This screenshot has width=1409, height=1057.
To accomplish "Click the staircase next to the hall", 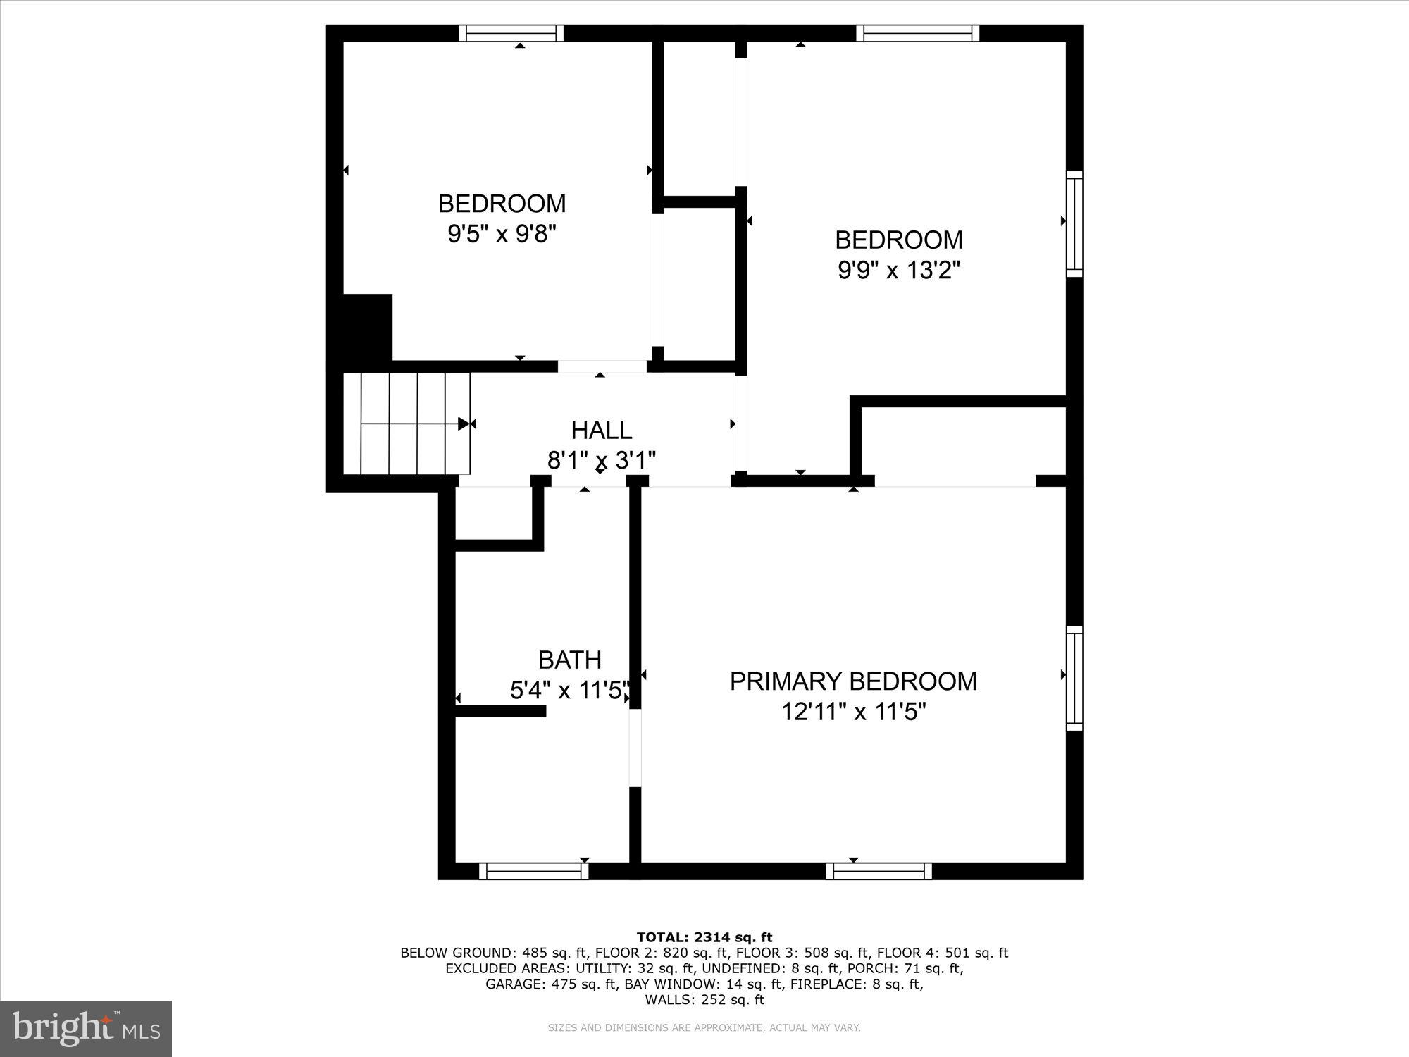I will tap(406, 424).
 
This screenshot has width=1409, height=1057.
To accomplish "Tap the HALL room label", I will tap(601, 430).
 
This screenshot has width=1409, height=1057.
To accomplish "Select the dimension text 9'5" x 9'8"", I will tap(502, 233).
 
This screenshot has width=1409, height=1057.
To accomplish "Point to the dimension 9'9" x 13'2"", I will tap(899, 270).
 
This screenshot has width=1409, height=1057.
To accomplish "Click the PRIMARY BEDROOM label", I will tap(853, 681).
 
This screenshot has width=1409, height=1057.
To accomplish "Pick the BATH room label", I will tap(569, 660).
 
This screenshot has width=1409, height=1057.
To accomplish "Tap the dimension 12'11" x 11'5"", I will tap(853, 712).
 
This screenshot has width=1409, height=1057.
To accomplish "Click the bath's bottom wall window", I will tap(533, 871).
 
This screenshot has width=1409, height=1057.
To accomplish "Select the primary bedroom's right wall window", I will tap(1074, 678).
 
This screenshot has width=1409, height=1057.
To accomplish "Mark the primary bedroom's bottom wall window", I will tap(879, 871).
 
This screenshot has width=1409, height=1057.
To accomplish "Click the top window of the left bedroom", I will tap(511, 33).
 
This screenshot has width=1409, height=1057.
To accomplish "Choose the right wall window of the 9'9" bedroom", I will tap(1074, 223).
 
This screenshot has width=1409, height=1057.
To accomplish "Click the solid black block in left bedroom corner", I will tap(367, 328).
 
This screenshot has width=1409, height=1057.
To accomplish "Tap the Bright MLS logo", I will tap(86, 1029).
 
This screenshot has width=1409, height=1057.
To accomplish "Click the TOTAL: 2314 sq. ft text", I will tap(704, 937).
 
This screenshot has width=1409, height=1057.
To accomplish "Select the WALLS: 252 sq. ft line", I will tap(704, 1000).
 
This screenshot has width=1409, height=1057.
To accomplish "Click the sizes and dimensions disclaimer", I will tap(704, 1028).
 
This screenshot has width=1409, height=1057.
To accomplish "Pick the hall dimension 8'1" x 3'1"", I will tap(602, 460).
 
